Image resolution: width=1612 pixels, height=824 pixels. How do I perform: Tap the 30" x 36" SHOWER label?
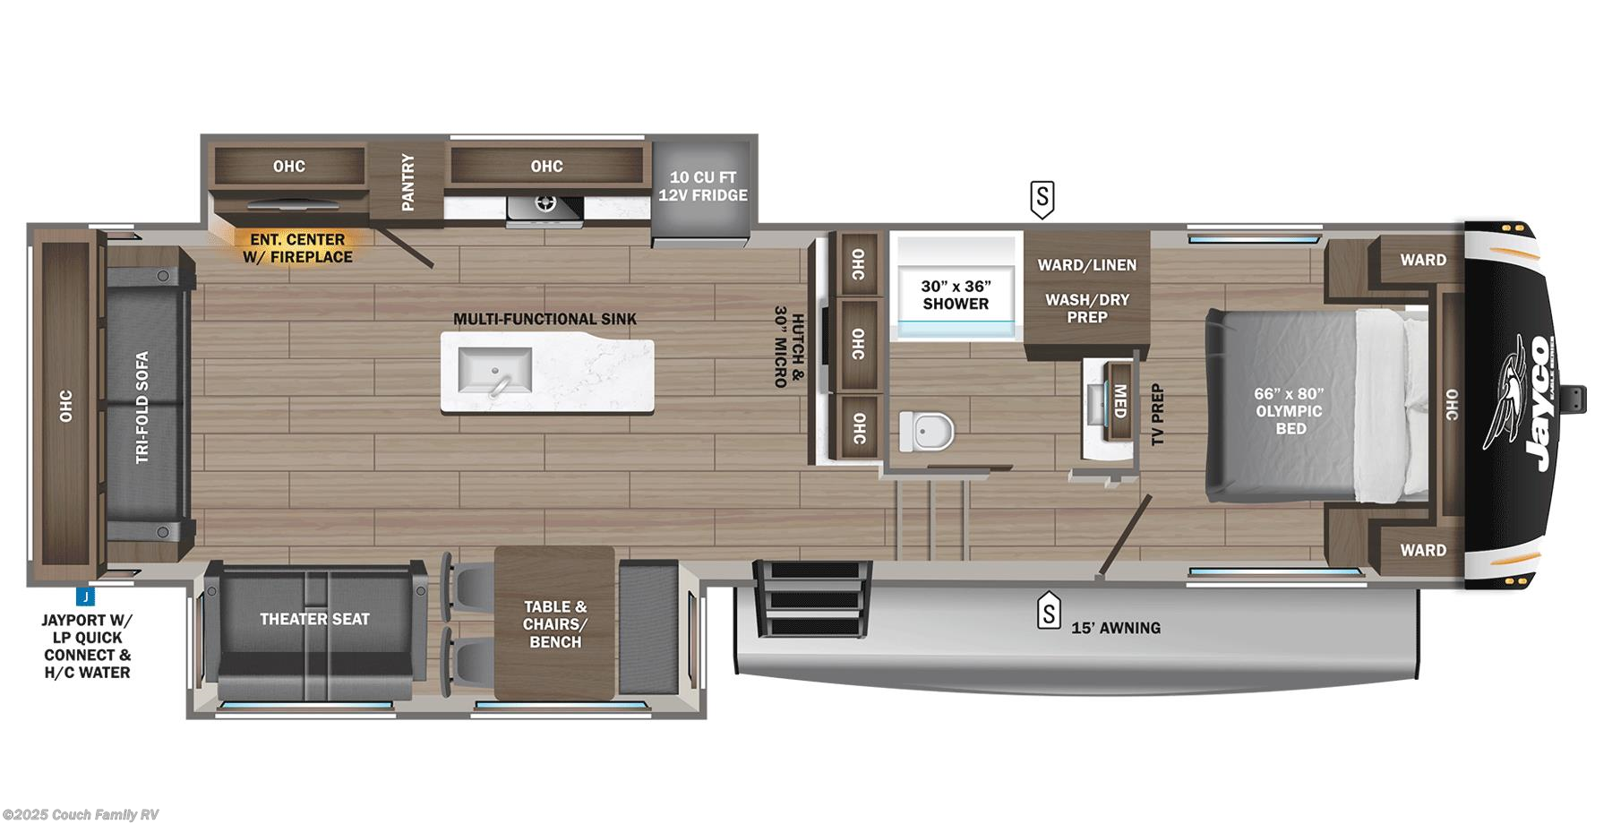pos(956,295)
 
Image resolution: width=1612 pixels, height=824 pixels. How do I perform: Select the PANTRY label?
pos(408,182)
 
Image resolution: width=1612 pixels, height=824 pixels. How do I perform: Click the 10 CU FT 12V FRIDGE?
pos(703,186)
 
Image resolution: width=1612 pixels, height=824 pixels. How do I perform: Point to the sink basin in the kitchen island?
pos(494,370)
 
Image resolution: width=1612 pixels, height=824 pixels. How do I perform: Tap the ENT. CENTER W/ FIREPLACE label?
pos(297,248)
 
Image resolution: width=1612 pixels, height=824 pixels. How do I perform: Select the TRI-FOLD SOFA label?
pos(142,408)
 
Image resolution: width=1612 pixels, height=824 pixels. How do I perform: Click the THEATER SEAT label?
pos(314,619)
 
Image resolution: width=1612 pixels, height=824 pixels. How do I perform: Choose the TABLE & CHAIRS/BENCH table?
pos(555,624)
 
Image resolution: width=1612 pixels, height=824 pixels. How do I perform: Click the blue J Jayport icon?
pos(84,597)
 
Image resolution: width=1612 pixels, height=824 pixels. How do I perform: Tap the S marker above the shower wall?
pos(1042,199)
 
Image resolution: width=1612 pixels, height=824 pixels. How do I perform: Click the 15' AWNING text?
pos(1116,628)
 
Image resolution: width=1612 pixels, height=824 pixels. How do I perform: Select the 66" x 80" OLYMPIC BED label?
pos(1290,411)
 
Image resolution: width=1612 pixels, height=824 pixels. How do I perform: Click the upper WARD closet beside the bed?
pos(1422,260)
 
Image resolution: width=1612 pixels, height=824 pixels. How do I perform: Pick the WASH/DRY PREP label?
pos(1087,308)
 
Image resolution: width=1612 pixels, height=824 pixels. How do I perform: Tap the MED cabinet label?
pos(1119,401)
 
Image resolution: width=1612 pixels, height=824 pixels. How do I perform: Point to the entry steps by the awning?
pos(811,598)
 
